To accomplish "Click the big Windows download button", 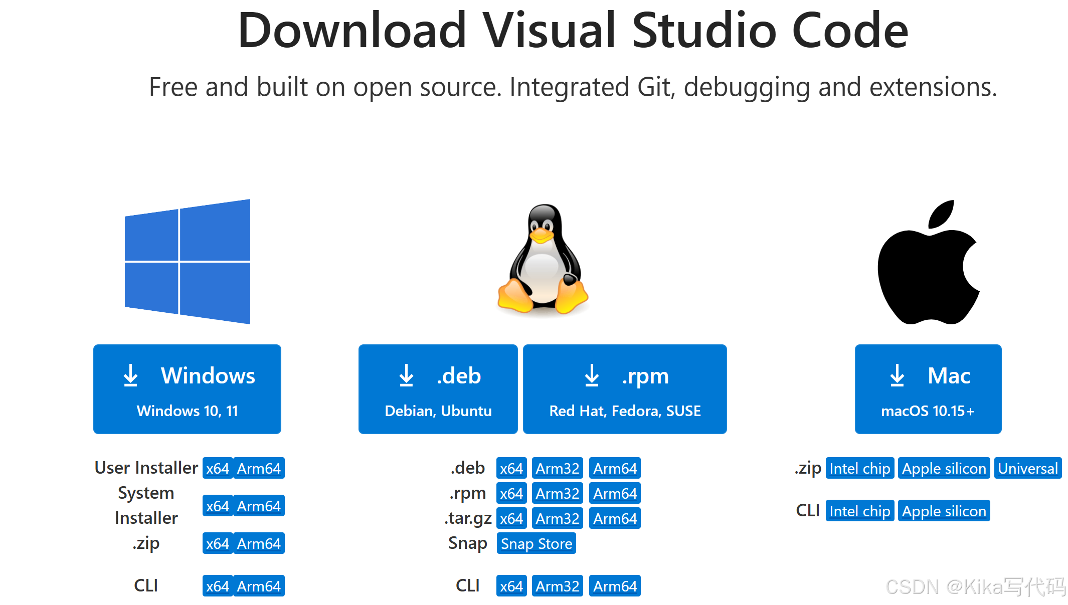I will [x=187, y=389].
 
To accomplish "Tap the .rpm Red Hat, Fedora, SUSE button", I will [x=625, y=389].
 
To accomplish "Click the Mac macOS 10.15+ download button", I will [x=928, y=389].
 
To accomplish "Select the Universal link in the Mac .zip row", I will [x=1028, y=468].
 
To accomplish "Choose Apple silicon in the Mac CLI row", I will [x=944, y=511].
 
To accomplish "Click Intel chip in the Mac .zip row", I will [x=859, y=468].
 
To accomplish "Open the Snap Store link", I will [x=536, y=543].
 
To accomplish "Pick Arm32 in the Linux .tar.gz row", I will [x=557, y=518].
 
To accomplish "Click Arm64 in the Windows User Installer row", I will [x=259, y=468].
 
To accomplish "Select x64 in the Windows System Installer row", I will [x=218, y=506].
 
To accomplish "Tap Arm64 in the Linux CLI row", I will [x=615, y=586].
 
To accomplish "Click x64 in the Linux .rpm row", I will [x=511, y=493].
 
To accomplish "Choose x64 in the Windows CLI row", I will [x=218, y=586].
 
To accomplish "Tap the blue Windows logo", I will [x=188, y=262].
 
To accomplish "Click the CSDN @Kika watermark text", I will [x=975, y=586].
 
